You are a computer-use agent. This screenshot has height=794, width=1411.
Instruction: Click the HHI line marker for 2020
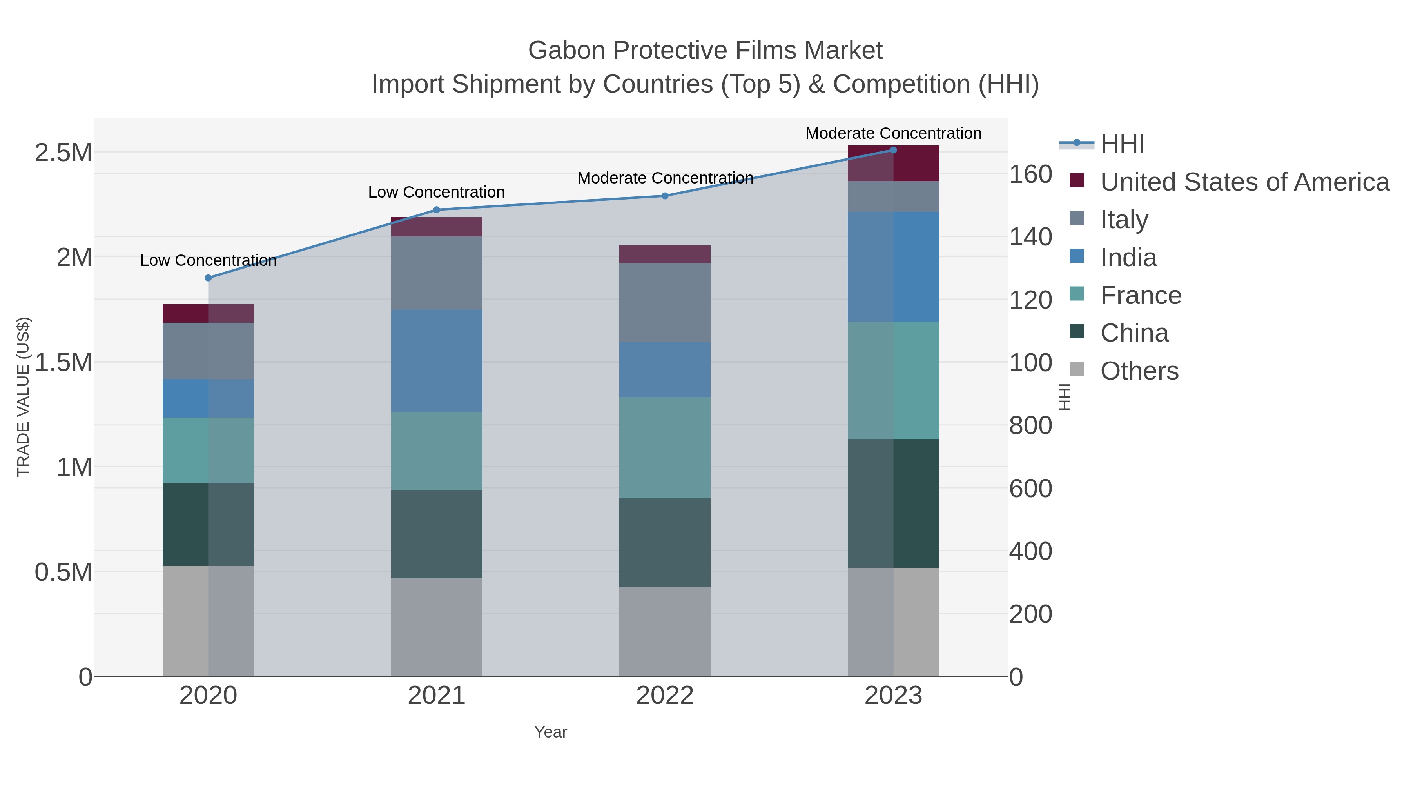point(208,278)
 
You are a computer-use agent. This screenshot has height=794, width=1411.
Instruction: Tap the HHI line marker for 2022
point(665,196)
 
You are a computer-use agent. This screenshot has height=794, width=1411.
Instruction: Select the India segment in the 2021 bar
point(437,361)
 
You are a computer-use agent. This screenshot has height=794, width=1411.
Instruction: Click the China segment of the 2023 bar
point(893,503)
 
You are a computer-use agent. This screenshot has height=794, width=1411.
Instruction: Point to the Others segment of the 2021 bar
point(437,627)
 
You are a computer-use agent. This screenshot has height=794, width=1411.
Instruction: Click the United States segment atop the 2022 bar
point(665,254)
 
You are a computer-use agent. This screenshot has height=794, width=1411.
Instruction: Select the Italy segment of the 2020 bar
point(208,351)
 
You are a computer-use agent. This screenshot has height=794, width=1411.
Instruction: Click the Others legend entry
point(1139,371)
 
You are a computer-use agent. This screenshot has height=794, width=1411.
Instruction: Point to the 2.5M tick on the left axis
point(63,153)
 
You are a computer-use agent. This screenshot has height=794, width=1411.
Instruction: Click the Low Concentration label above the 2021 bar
point(437,193)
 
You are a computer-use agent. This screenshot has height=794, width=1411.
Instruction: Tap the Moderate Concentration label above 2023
point(893,133)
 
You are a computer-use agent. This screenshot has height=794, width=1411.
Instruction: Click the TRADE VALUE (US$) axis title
point(24,397)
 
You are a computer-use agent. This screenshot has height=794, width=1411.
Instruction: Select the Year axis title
point(551,732)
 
